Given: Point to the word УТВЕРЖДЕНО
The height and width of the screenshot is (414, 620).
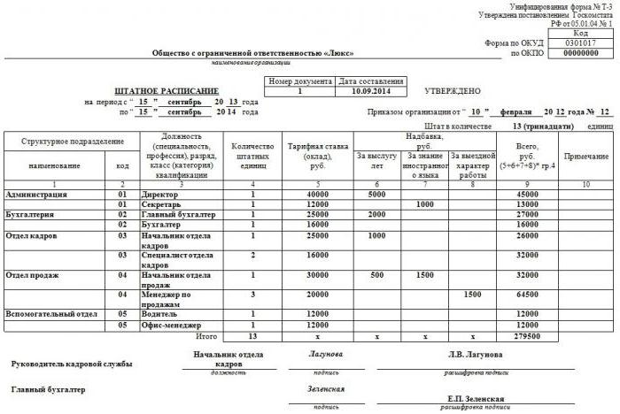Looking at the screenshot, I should pyautogui.click(x=453, y=91).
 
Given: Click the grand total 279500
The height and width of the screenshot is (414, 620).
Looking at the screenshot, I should pyautogui.click(x=527, y=336).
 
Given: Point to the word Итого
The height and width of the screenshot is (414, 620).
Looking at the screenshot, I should pyautogui.click(x=206, y=336).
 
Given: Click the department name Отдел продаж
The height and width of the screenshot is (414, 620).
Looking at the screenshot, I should pyautogui.click(x=33, y=275).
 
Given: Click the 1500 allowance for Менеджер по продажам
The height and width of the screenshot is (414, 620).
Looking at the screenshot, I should pyautogui.click(x=472, y=293).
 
